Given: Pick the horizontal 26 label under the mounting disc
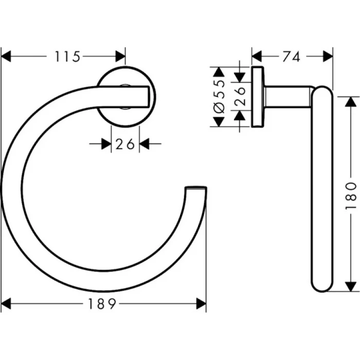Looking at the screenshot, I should (125, 145).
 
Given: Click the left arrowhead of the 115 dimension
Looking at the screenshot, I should (6, 56).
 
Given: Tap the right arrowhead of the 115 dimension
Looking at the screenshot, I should (120, 56).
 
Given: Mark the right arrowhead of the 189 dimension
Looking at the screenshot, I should (201, 304).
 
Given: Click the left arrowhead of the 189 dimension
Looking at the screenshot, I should (6, 304).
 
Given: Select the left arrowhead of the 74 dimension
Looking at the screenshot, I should (257, 56).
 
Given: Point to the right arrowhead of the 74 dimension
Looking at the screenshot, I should (328, 56).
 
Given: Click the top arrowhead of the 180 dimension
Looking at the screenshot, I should (350, 101).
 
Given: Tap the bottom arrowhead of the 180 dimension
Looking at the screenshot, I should (350, 287).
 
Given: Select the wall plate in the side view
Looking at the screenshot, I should (257, 96).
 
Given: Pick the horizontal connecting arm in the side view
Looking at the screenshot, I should (288, 97).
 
